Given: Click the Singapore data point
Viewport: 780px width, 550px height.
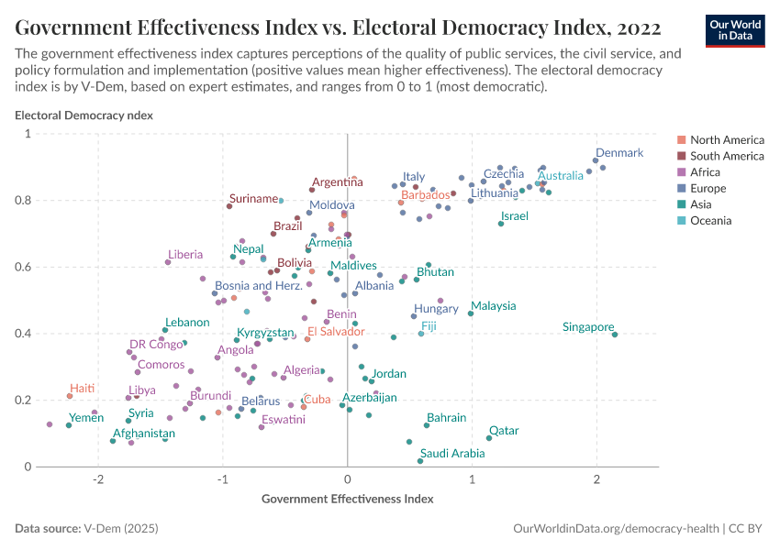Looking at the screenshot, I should pyautogui.click(x=615, y=335).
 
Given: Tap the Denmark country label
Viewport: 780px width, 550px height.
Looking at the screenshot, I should pyautogui.click(x=619, y=153).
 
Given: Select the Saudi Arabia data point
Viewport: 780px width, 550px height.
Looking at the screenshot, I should pyautogui.click(x=420, y=461).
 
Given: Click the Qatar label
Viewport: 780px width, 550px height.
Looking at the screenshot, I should pyautogui.click(x=503, y=430).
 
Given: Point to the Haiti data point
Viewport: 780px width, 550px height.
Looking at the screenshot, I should pyautogui.click(x=70, y=396).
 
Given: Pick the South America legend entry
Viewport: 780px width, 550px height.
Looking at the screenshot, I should pyautogui.click(x=727, y=156).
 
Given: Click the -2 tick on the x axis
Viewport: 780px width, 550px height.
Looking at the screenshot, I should pyautogui.click(x=98, y=481).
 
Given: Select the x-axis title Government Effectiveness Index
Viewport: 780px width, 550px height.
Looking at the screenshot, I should pyautogui.click(x=347, y=500).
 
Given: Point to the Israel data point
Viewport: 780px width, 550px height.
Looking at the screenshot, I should pyautogui.click(x=501, y=224).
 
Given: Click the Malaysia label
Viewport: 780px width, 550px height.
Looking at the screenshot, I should pyautogui.click(x=493, y=306).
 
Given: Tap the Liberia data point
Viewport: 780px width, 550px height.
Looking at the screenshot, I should pyautogui.click(x=168, y=262).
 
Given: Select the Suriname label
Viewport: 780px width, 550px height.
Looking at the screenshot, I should pyautogui.click(x=253, y=198).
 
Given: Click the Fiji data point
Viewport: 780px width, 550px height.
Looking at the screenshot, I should pyautogui.click(x=421, y=334).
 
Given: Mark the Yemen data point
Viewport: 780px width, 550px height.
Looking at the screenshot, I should pyautogui.click(x=69, y=425).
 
